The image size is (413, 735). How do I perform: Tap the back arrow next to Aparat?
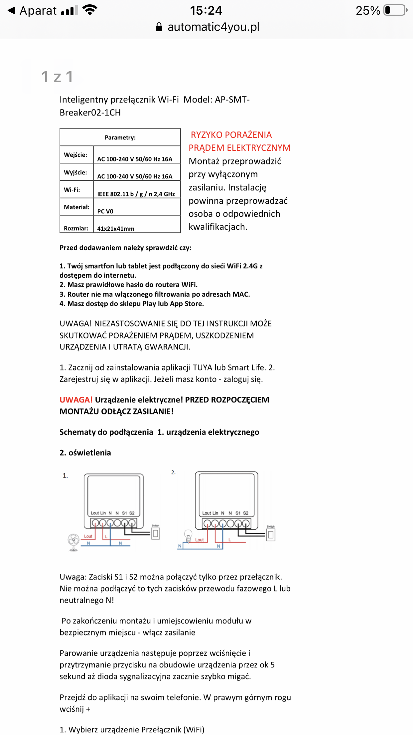(x=11, y=11)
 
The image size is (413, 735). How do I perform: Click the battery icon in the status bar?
(x=395, y=10)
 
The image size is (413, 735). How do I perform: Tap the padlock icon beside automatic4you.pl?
(x=159, y=27)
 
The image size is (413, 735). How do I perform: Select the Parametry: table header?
(x=120, y=137)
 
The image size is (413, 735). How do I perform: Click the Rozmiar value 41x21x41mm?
(x=116, y=229)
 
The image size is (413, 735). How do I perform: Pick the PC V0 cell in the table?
(x=105, y=211)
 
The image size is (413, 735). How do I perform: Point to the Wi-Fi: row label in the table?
(x=72, y=190)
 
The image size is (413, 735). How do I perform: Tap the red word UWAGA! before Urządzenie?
(x=76, y=400)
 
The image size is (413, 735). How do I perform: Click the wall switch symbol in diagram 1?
(x=156, y=534)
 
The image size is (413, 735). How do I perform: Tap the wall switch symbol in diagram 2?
(x=271, y=535)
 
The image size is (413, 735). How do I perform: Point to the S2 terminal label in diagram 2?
(x=246, y=513)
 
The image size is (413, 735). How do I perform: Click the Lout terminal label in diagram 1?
(x=95, y=513)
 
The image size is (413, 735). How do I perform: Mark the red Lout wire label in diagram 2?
(x=200, y=540)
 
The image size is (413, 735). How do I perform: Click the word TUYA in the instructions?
(x=203, y=367)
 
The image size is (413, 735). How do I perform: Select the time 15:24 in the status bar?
(x=206, y=11)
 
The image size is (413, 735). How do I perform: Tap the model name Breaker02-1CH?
(x=90, y=113)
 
